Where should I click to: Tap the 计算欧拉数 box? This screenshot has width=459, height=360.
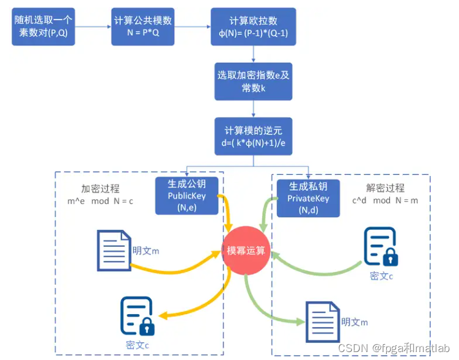click(x=253, y=27)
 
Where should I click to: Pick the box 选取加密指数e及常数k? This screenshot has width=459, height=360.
click(x=253, y=81)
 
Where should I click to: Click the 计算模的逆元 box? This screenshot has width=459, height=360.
click(x=253, y=136)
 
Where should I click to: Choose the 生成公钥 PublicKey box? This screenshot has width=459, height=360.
click(x=186, y=196)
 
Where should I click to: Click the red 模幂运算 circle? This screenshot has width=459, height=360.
click(x=246, y=250)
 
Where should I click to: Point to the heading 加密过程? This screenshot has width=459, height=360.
click(x=100, y=188)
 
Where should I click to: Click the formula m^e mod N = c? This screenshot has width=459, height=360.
click(x=100, y=201)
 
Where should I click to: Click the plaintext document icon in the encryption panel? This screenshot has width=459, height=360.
click(x=114, y=250)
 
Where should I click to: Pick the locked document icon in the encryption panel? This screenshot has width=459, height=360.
click(x=138, y=316)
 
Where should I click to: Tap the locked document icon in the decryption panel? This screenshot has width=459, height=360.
click(x=381, y=247)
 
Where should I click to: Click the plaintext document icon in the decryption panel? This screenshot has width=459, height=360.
click(x=322, y=321)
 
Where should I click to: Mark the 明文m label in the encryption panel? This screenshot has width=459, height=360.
click(x=146, y=250)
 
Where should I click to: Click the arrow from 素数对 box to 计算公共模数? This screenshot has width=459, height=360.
click(x=94, y=26)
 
